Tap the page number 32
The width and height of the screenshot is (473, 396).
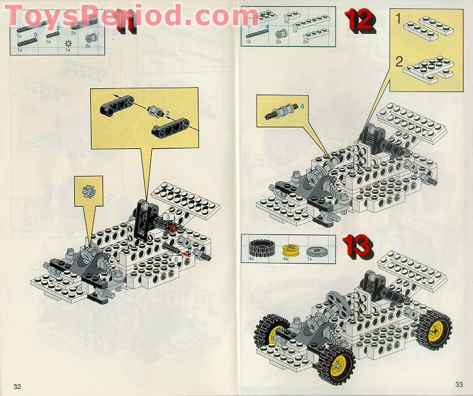[17, 386]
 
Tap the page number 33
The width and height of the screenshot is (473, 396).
[458, 384]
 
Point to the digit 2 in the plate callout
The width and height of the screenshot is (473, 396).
[399, 62]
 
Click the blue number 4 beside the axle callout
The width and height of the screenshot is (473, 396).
[301, 106]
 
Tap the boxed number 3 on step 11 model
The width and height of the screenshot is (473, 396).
[168, 218]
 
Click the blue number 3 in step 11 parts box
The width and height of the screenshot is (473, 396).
[35, 35]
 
